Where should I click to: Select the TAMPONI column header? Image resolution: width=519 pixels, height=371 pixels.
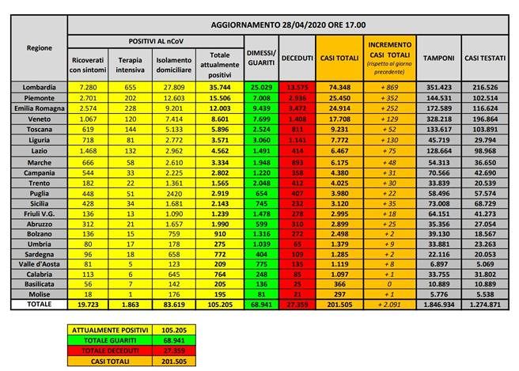[x=438, y=58]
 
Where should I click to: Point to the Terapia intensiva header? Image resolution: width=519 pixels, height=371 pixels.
[x=131, y=63]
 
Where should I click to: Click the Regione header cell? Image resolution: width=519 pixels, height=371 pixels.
[x=40, y=49]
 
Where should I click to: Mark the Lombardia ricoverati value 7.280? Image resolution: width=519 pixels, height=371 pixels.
[x=87, y=86]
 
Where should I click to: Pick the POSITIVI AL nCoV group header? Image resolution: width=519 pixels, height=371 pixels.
[x=154, y=40]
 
